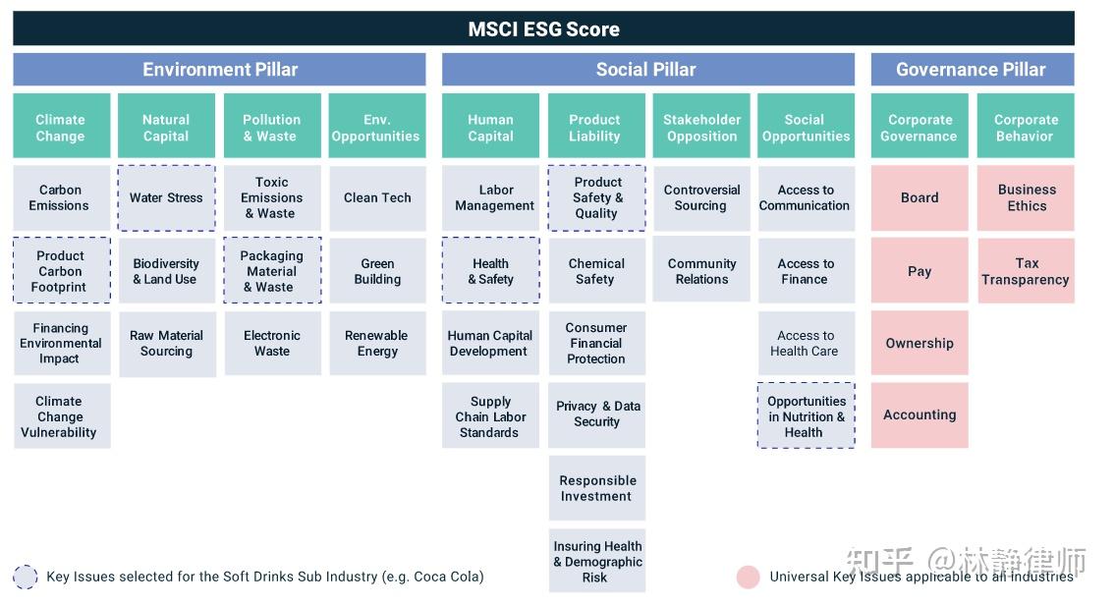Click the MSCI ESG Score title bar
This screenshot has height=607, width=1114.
coord(543,28)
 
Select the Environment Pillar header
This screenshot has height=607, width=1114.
coord(219,70)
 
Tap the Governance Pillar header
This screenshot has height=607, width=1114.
coord(971,70)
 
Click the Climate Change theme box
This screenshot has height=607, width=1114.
coord(61,127)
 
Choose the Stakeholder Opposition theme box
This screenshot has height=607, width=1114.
coord(701,127)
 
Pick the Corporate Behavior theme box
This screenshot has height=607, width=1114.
coord(1025,127)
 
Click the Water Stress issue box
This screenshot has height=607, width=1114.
coord(166,197)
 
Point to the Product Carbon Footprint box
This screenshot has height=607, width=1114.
coord(61,270)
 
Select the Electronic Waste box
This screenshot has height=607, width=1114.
coord(272,343)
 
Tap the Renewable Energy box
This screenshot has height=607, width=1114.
coord(377,343)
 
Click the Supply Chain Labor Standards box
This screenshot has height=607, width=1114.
coord(490,416)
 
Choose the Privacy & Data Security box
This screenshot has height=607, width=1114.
coord(596,414)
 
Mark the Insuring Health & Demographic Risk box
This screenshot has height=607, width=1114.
coord(596,562)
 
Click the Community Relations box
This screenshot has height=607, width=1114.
coord(701,270)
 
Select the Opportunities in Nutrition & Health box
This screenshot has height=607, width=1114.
coord(806,416)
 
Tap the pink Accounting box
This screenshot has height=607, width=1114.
coord(919,414)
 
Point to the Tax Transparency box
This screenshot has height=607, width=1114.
coord(1025,271)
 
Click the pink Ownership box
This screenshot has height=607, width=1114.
coord(919,343)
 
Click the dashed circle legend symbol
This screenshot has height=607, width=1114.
coord(26,577)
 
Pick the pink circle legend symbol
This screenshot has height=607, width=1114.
coord(749,577)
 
